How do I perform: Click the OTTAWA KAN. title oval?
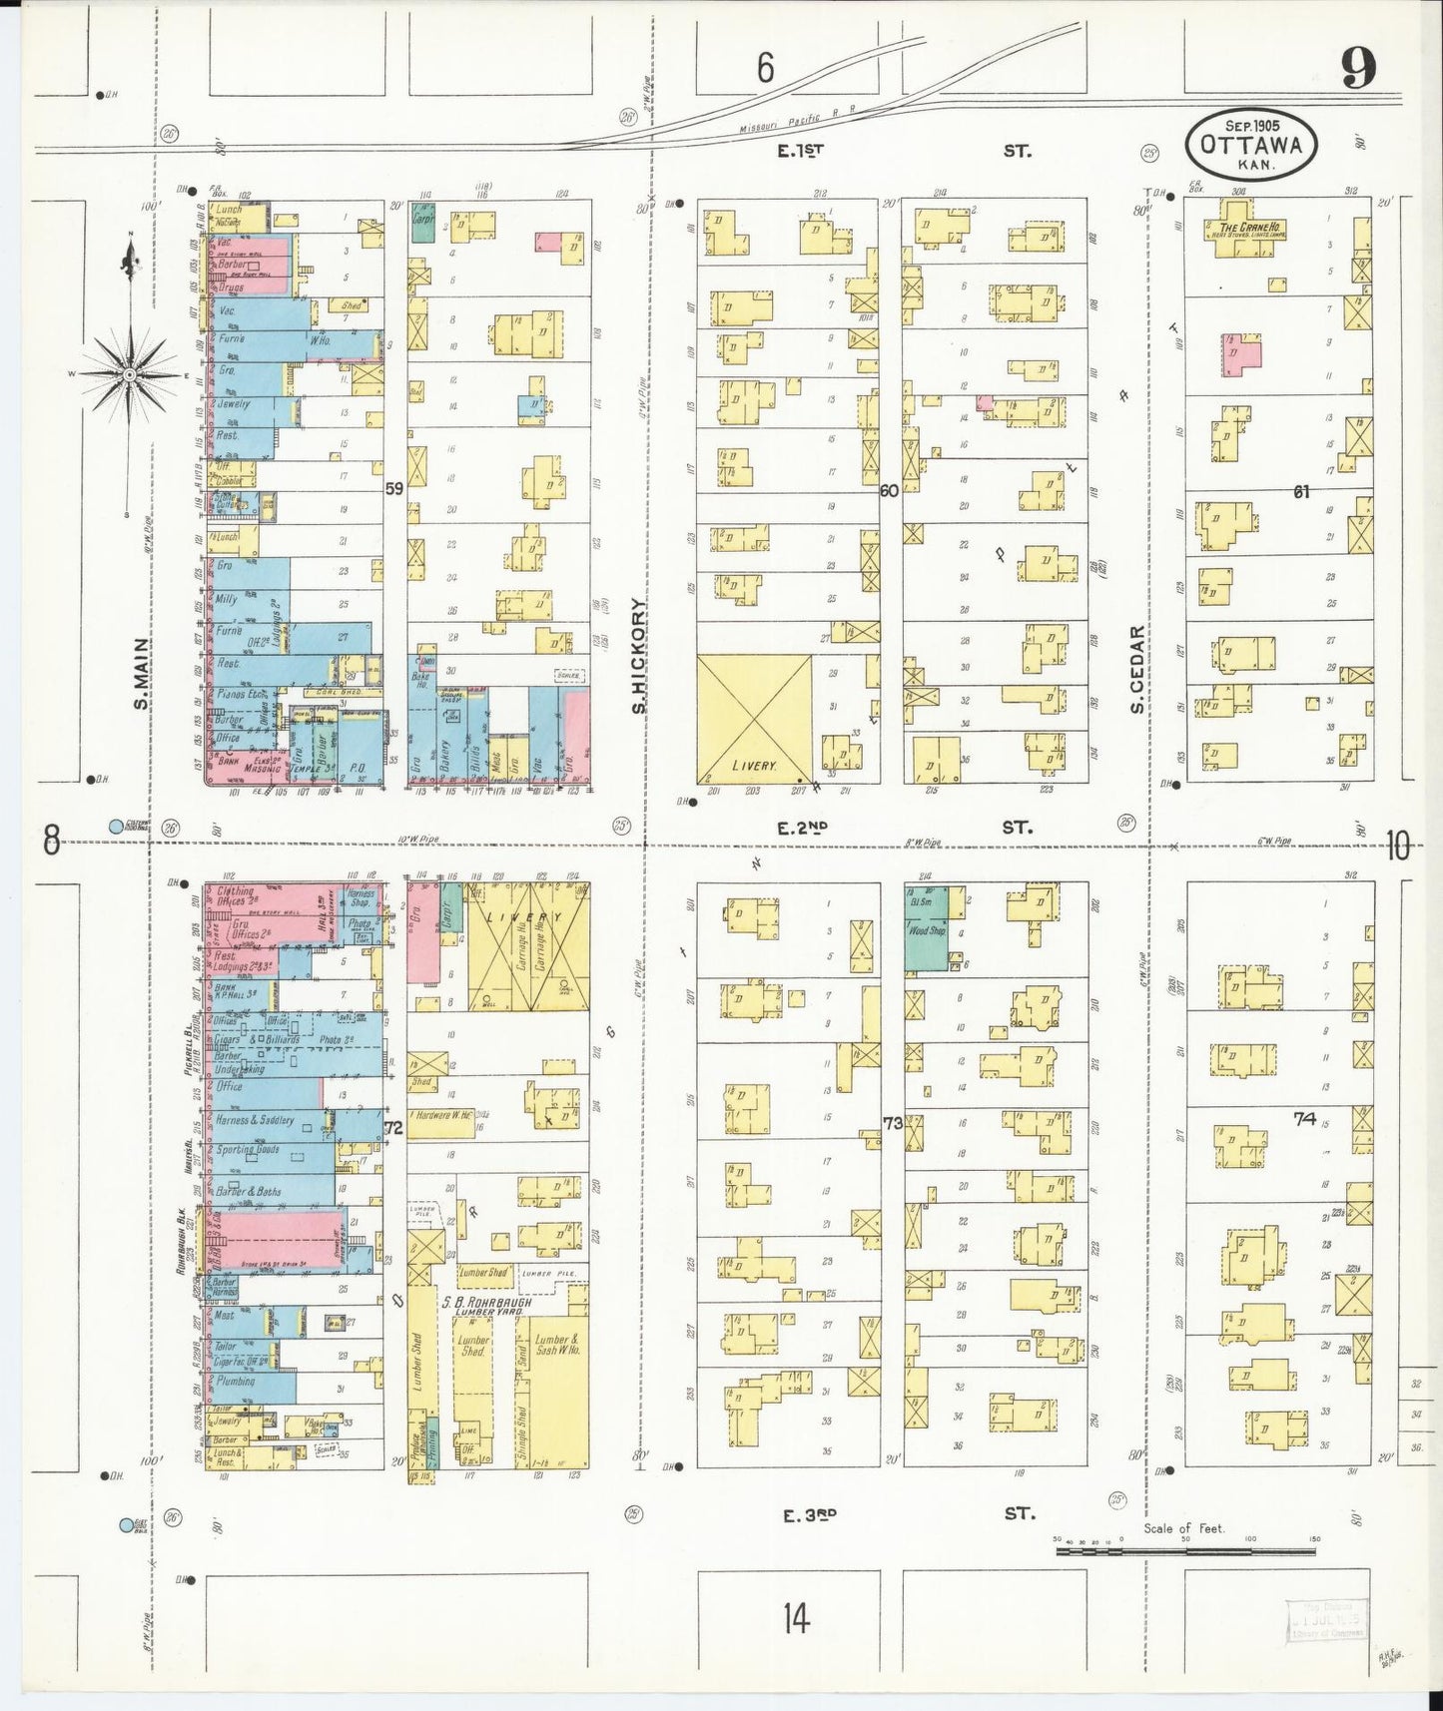tap(1250, 147)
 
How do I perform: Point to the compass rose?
tap(130, 374)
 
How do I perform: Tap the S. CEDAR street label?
tap(1136, 669)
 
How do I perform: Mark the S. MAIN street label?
tap(142, 674)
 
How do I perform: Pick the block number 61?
tap(1300, 490)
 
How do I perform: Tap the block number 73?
tap(892, 1122)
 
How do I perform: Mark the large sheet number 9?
tap(1358, 70)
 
